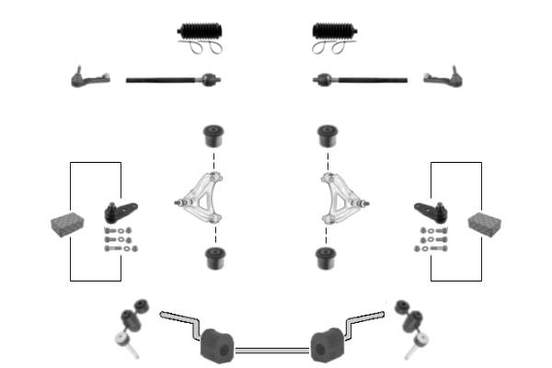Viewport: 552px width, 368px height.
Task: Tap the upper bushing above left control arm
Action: click(x=214, y=136)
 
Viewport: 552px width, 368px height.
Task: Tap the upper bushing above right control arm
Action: click(x=326, y=136)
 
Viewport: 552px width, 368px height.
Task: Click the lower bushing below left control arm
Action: click(x=214, y=257)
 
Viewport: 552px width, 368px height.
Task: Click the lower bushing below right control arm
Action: click(x=325, y=257)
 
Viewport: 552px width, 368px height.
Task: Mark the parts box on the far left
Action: click(x=67, y=224)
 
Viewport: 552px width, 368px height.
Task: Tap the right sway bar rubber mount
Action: click(x=325, y=344)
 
